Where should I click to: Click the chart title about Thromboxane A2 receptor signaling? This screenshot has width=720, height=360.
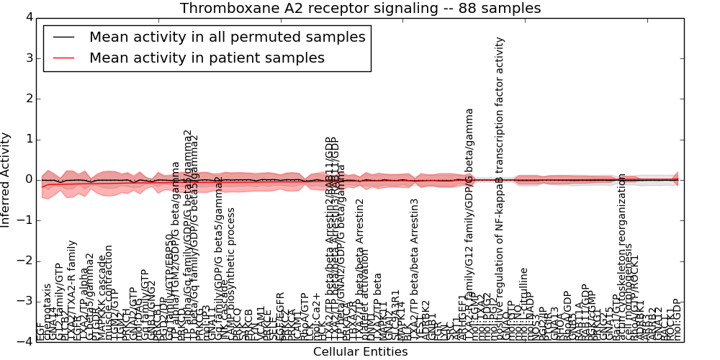360,9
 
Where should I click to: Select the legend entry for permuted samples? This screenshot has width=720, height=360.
227,37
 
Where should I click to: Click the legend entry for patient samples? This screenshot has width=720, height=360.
207,58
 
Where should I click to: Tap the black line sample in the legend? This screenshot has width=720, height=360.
63,37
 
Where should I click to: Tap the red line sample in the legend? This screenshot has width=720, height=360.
63,58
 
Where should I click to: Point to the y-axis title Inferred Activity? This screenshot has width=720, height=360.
6,179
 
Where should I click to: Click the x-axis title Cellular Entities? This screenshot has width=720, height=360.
360,351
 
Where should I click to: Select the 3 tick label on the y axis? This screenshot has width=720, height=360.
28,58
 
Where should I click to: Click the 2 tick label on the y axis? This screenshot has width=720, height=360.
28,99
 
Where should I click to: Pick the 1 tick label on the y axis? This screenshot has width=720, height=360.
28,139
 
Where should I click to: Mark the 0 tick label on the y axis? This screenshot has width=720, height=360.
28,179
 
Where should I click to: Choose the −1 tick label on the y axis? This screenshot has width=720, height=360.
25,220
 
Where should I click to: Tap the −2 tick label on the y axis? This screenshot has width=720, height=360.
25,261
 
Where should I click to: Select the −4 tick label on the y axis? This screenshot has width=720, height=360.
25,342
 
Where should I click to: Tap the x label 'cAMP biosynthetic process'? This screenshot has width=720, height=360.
231,274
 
